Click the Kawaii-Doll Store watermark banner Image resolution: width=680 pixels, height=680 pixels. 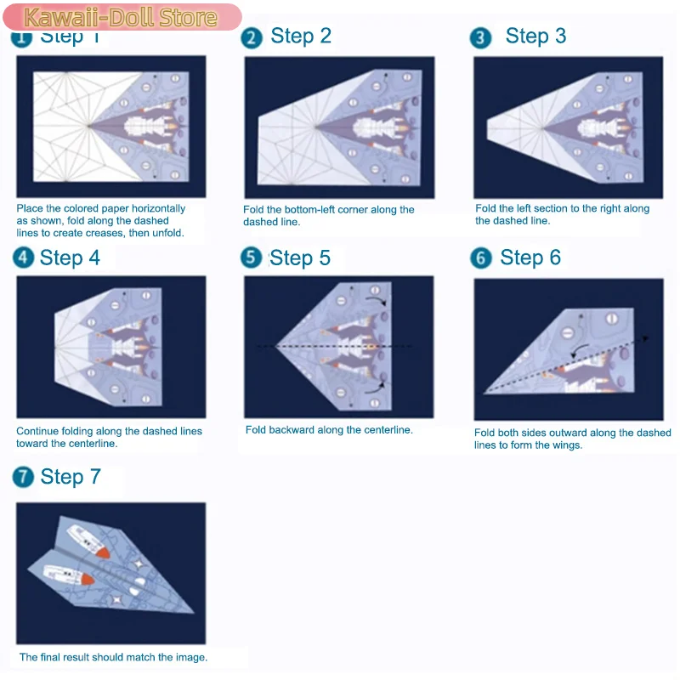[x=121, y=17]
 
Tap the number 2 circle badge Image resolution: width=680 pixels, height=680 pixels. [x=252, y=37]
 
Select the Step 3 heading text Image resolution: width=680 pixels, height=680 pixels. [x=535, y=37]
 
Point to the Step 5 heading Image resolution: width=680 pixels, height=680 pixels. [x=300, y=258]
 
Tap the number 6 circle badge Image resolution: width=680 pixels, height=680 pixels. [x=481, y=258]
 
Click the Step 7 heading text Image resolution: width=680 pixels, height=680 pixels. [x=71, y=478]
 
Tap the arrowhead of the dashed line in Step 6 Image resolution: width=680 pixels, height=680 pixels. [x=649, y=338]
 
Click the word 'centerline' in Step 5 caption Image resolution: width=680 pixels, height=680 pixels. [x=385, y=430]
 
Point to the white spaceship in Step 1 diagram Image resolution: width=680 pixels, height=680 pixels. [x=149, y=127]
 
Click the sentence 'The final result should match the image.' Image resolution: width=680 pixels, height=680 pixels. [x=113, y=657]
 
